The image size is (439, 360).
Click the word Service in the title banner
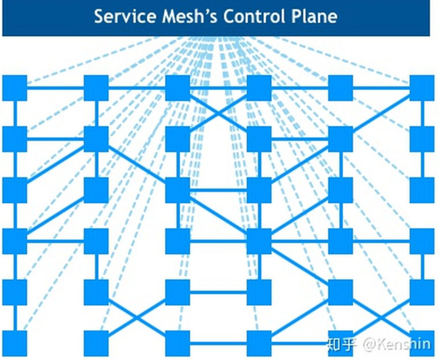(x=120, y=16)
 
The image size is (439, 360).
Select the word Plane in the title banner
(x=312, y=16)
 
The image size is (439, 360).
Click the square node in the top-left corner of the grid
(x=15, y=88)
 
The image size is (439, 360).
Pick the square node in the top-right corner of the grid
(x=421, y=88)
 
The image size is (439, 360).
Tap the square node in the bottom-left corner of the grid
(x=15, y=343)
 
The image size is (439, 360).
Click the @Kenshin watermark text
(x=395, y=344)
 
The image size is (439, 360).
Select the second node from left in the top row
(x=96, y=88)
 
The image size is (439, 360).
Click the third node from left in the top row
(x=178, y=88)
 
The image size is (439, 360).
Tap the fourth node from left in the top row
(x=259, y=88)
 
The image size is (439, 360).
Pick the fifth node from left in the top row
(x=341, y=88)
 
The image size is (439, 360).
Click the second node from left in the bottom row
(x=96, y=343)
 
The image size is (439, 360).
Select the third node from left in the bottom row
(x=178, y=343)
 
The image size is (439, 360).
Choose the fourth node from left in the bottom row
(x=259, y=343)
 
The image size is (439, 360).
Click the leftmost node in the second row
(x=15, y=139)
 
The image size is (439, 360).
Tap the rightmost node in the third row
(x=421, y=190)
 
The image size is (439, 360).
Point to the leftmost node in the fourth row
(x=15, y=241)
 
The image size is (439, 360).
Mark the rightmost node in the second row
(x=421, y=139)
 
